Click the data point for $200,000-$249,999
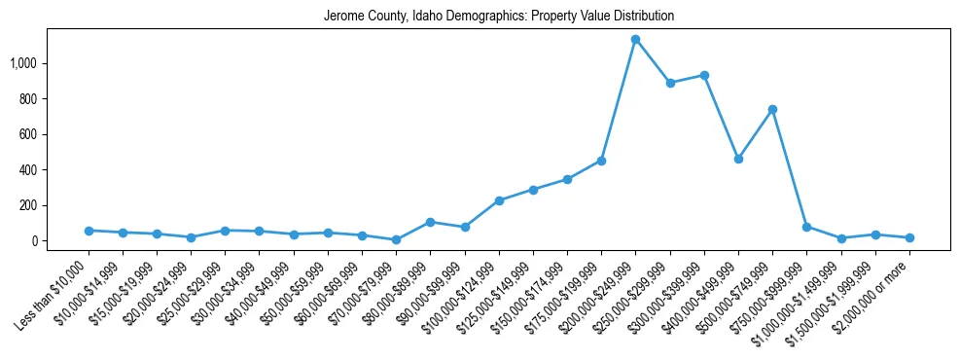coord(635,39)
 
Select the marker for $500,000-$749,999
coord(772,109)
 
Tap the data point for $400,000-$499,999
coord(738,159)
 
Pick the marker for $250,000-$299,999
coord(669,83)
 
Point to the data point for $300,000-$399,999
coord(704,75)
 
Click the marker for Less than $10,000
coord(89,231)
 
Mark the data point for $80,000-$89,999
coord(430,222)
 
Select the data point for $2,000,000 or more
coord(909,237)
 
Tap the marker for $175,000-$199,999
coord(601,161)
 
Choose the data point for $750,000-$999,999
coord(806,227)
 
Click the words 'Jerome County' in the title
coord(360,17)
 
